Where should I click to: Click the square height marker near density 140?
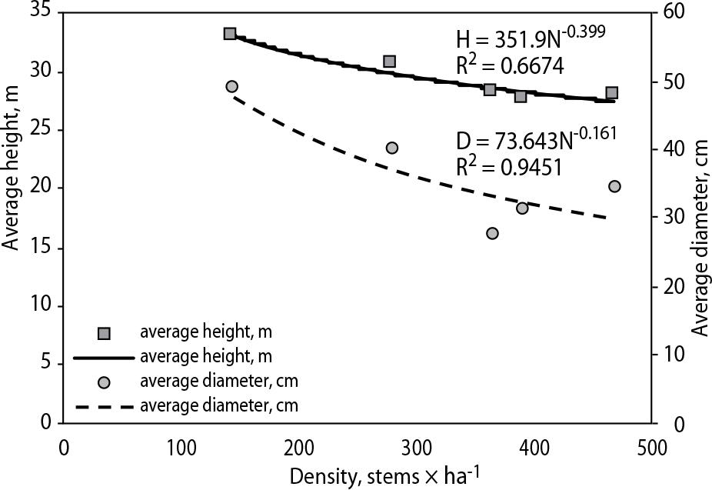pos(229,34)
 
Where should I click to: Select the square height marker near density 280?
pos(390,61)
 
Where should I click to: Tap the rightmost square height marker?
pos(612,93)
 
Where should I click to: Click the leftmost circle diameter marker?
pos(231,86)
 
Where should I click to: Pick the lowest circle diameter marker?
pos(492,233)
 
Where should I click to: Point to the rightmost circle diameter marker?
pos(614,186)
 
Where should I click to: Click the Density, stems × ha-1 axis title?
pos(385,475)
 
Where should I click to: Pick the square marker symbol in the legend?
pos(105,333)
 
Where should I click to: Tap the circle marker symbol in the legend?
pos(105,382)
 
